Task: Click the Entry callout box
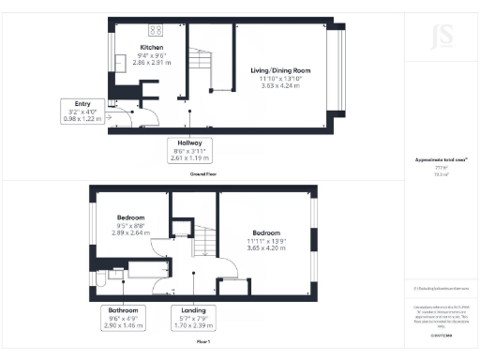point(80,112)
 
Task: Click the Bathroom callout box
point(125,318)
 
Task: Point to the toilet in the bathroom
point(113,274)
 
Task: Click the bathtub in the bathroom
point(146,272)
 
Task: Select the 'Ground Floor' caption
point(203,174)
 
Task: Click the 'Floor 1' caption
point(203,343)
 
